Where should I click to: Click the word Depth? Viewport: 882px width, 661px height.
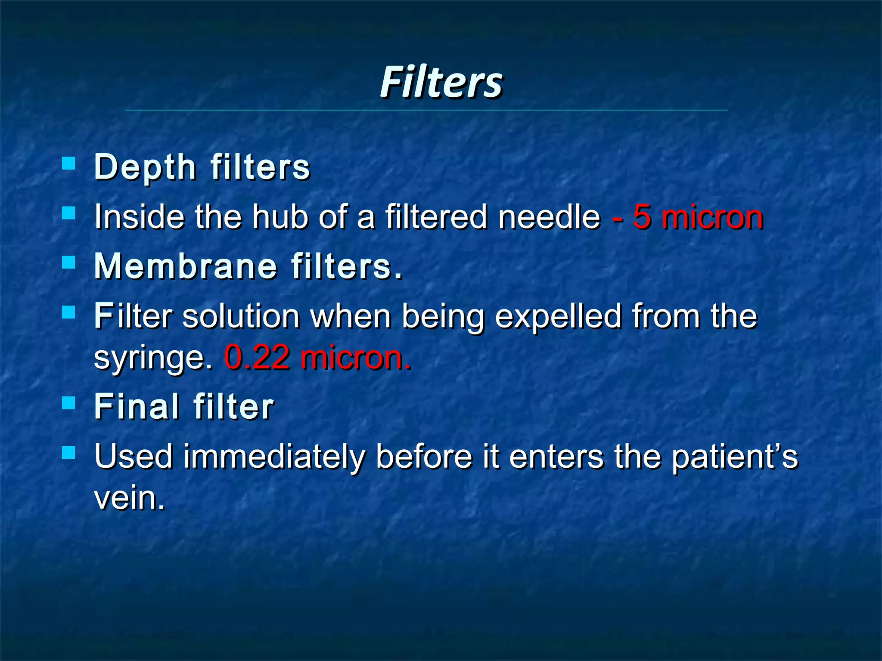point(145,167)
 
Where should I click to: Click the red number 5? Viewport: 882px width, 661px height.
point(642,217)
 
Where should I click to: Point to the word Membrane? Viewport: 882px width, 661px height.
point(186,266)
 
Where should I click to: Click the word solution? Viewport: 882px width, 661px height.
point(241,316)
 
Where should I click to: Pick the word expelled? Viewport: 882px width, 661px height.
point(558,316)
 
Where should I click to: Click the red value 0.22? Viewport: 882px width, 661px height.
point(257,357)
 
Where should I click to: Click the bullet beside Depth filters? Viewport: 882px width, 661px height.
point(68,163)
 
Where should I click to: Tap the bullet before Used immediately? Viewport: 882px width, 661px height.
point(68,452)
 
